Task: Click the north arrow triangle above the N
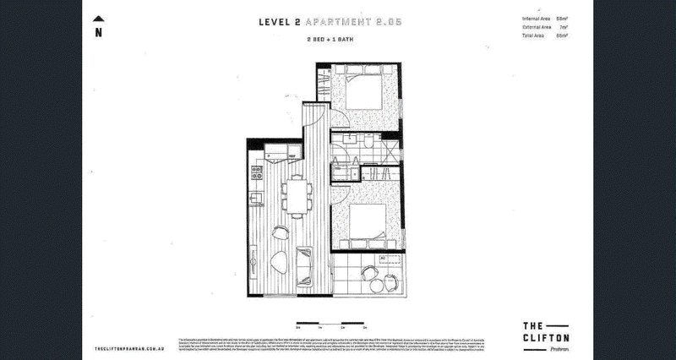pyautogui.click(x=99, y=19)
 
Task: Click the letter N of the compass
pyautogui.click(x=99, y=33)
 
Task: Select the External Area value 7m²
pyautogui.click(x=563, y=28)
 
